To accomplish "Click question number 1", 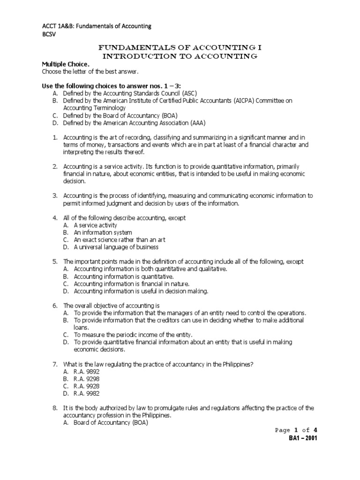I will tap(54, 137).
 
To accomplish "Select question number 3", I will tap(54, 195).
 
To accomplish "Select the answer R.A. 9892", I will tap(87, 372).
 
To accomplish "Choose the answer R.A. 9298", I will tap(87, 379).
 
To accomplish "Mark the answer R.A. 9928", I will tap(87, 386).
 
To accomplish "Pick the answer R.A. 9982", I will tap(87, 394).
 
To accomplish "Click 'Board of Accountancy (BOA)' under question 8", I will tap(111, 423).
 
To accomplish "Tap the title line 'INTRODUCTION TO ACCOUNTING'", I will tap(180, 56).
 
